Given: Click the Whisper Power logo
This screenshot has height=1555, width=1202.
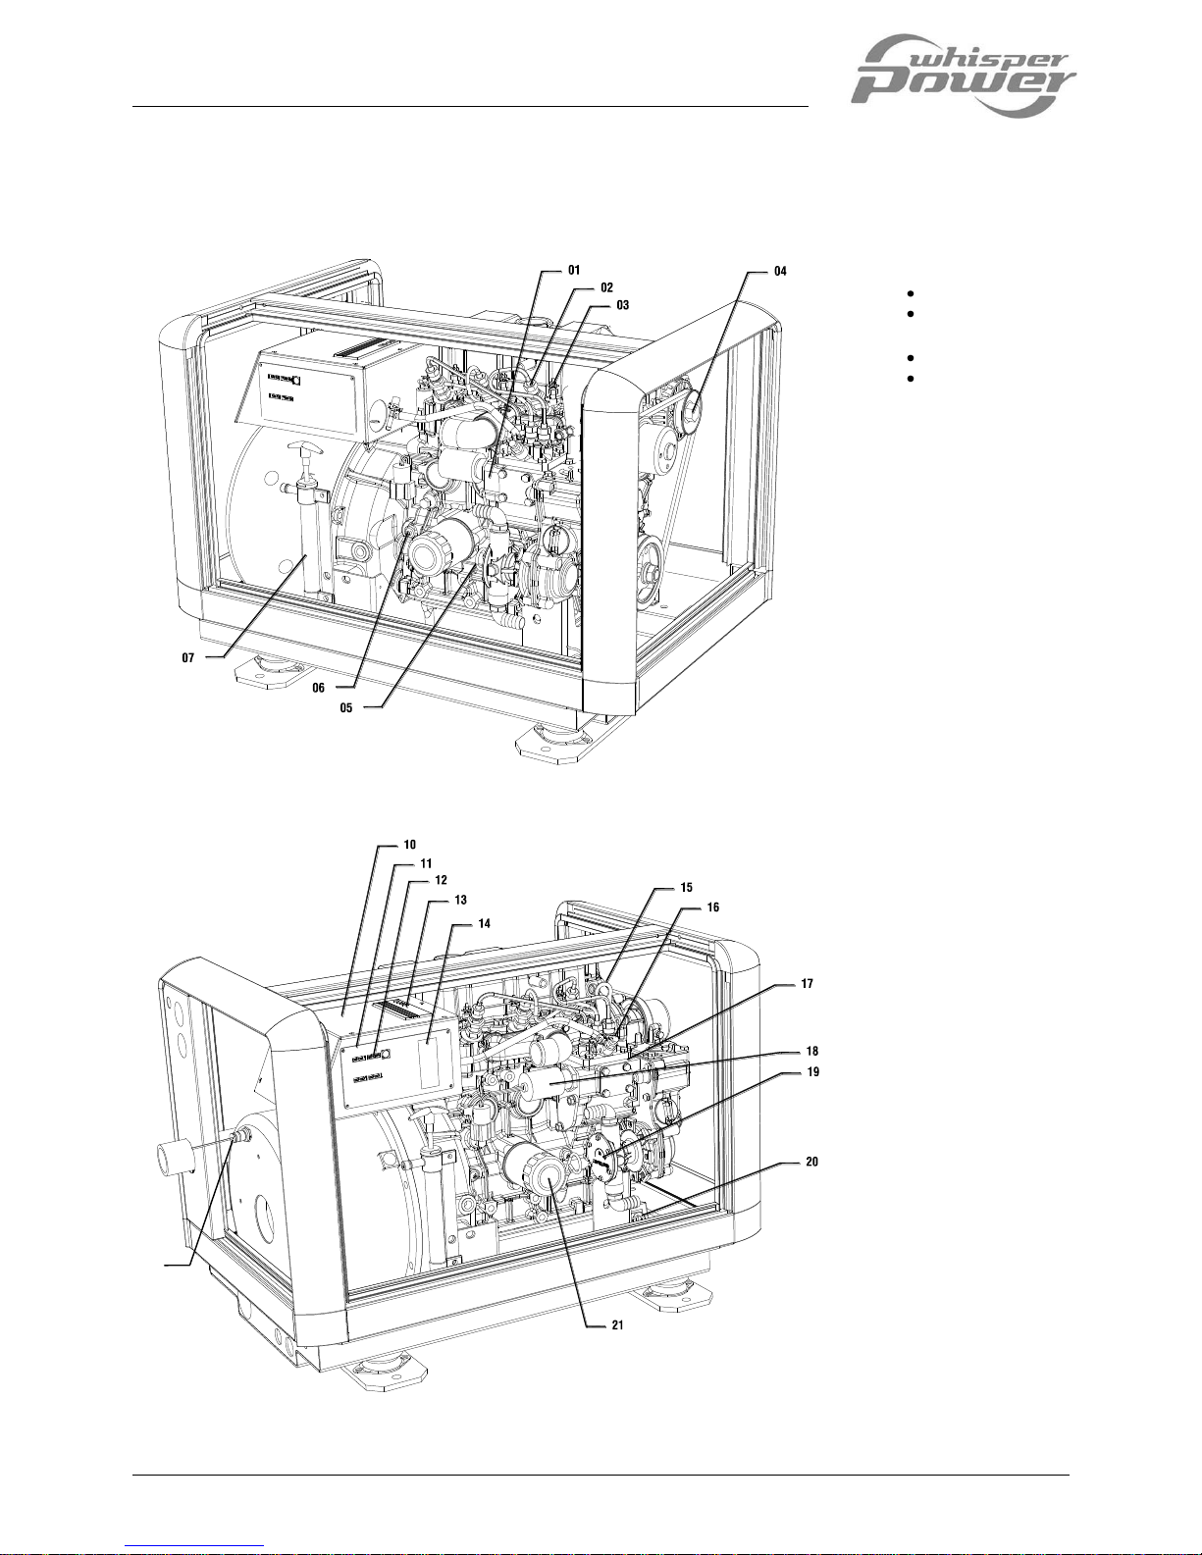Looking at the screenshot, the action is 963,76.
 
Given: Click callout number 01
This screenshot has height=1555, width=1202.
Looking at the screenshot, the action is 574,271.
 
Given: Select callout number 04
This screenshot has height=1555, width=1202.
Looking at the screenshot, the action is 780,271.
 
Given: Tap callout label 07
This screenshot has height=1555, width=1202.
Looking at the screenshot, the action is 187,657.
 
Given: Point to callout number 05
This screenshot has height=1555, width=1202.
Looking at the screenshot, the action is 346,707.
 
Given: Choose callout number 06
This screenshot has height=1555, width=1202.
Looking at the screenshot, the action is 318,688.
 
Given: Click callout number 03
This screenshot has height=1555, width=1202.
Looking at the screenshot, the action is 622,305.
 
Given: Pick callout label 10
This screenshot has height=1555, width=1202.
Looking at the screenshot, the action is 409,845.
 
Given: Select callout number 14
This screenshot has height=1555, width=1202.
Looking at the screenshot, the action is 485,924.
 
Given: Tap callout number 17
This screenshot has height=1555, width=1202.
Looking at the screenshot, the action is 807,984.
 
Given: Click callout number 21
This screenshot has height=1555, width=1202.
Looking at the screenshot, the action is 617,1325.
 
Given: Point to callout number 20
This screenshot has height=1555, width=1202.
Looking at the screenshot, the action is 812,1162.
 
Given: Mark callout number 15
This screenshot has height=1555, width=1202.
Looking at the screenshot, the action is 686,887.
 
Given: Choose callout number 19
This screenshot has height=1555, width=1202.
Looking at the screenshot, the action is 812,1072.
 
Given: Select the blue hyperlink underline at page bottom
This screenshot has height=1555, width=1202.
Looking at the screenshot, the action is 194,1546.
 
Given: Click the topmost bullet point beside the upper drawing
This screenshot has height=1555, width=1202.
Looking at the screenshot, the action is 911,293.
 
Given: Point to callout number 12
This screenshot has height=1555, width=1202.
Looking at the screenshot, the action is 441,880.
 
